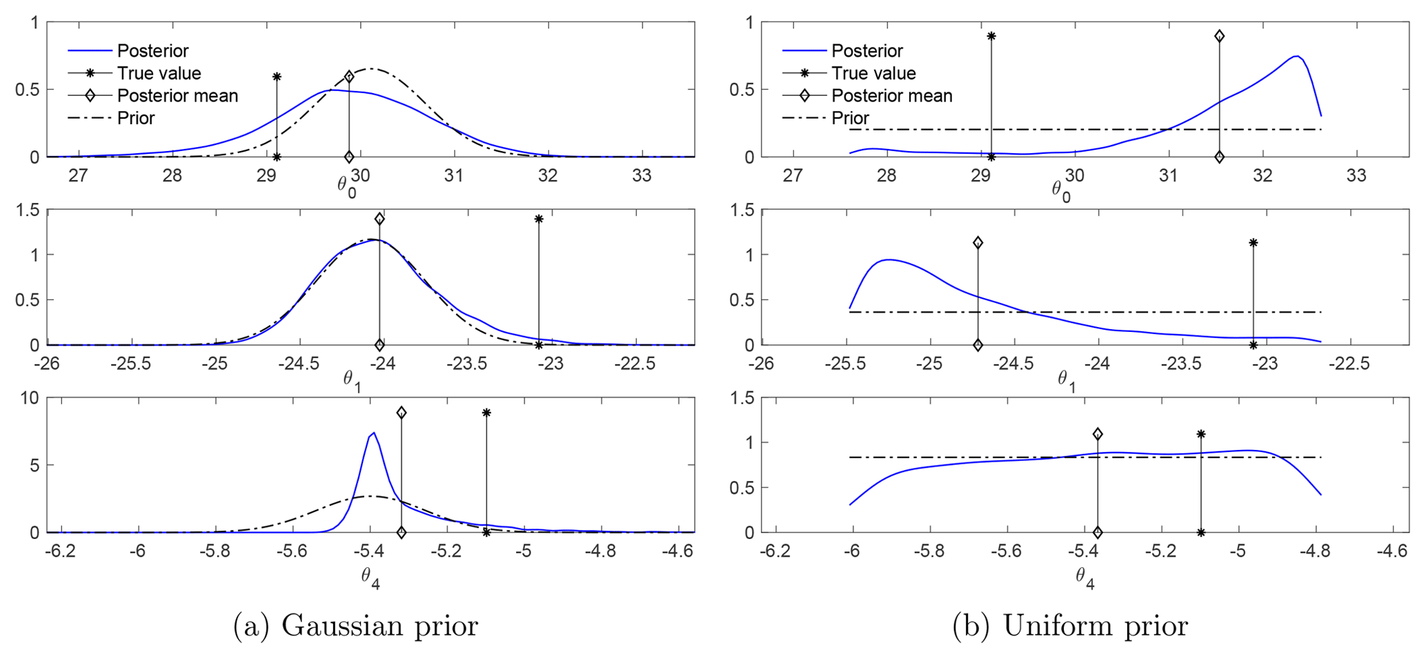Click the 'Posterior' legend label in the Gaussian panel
pos(152,50)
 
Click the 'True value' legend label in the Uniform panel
pos(873,73)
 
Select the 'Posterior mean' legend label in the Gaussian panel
pos(177,96)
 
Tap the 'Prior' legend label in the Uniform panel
pos(850,118)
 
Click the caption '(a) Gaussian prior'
pos(355,626)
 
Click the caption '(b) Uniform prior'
pos(1070,626)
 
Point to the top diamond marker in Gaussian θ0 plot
pos(349,77)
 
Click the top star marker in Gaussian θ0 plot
pos(277,77)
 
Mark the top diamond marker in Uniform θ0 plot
pos(1219,36)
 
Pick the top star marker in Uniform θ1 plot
pos(1253,243)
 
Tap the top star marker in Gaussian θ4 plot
pos(486,413)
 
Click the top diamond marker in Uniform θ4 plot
pos(1098,434)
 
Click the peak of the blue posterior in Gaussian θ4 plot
pos(373,433)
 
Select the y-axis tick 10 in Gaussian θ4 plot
pos(31,398)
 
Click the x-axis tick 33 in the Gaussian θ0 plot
pos(642,175)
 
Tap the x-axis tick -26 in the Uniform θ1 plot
pos(762,363)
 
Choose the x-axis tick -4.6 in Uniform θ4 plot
pos(1392,551)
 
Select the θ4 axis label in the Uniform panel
pos(1085,578)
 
